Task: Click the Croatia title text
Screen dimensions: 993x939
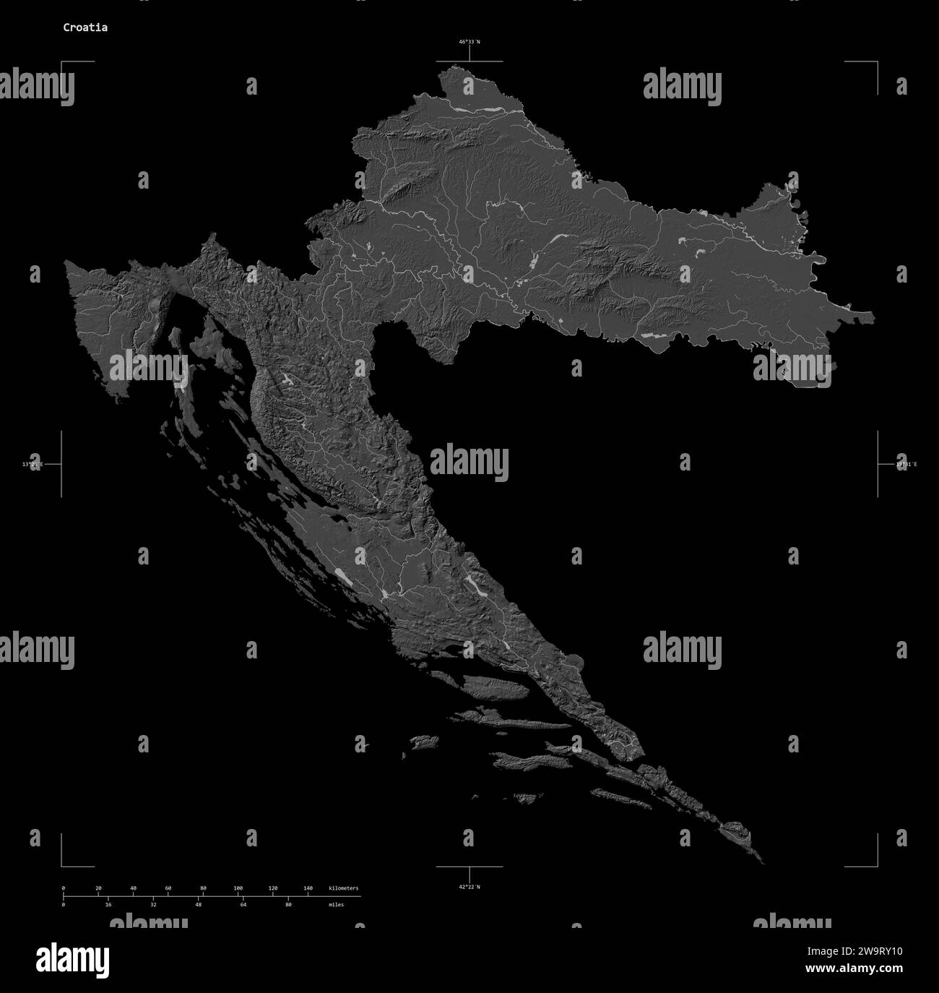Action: (85, 27)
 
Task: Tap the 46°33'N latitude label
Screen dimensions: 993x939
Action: (469, 42)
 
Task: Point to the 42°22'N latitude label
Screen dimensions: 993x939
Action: (469, 887)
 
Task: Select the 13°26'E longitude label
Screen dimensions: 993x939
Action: (33, 464)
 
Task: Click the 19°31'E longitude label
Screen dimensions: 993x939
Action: (906, 464)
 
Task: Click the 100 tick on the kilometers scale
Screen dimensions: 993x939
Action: (238, 888)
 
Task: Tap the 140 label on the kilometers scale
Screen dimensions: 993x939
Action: (308, 888)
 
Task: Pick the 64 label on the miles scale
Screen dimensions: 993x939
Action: (243, 904)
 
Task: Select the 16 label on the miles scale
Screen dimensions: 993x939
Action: (108, 904)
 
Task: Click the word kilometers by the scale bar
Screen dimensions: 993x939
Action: (343, 888)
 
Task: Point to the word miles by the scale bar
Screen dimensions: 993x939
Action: (336, 904)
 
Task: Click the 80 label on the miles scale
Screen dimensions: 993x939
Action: (288, 904)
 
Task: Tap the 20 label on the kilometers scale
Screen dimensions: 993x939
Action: (98, 888)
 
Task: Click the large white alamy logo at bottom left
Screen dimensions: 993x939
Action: (73, 959)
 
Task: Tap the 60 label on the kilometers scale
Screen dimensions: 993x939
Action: (168, 888)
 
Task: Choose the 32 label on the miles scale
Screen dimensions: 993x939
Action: (153, 904)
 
